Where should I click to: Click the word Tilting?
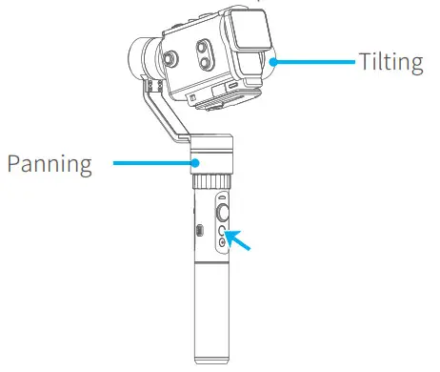[x=391, y=63]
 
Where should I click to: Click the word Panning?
[x=50, y=163]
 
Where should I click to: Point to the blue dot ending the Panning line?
[x=192, y=163]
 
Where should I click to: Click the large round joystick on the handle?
[x=221, y=212]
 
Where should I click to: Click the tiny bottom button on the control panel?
[x=221, y=243]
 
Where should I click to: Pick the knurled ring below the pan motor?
[x=214, y=179]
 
